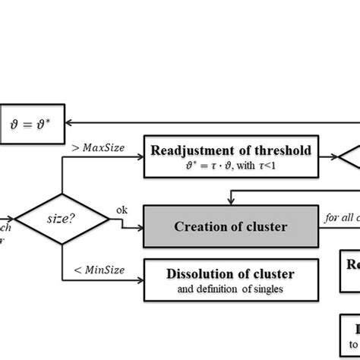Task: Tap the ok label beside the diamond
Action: point(122,210)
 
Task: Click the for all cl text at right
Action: point(341,217)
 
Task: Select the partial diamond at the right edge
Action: point(349,157)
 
